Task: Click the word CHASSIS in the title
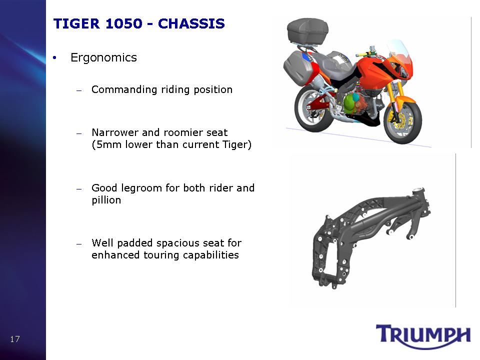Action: pyautogui.click(x=191, y=24)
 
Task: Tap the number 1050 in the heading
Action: pyautogui.click(x=124, y=24)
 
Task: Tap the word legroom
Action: pyautogui.click(x=141, y=188)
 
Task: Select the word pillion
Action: pyautogui.click(x=106, y=200)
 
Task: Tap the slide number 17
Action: pyautogui.click(x=14, y=339)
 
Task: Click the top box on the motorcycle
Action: pyautogui.click(x=307, y=31)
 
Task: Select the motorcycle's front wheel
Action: pyautogui.click(x=403, y=122)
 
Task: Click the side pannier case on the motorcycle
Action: pyautogui.click(x=297, y=67)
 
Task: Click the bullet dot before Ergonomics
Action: pyautogui.click(x=54, y=58)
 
